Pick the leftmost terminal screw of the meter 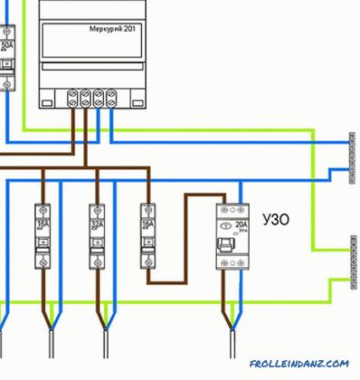point(73,94)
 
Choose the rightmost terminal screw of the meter point(113,94)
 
